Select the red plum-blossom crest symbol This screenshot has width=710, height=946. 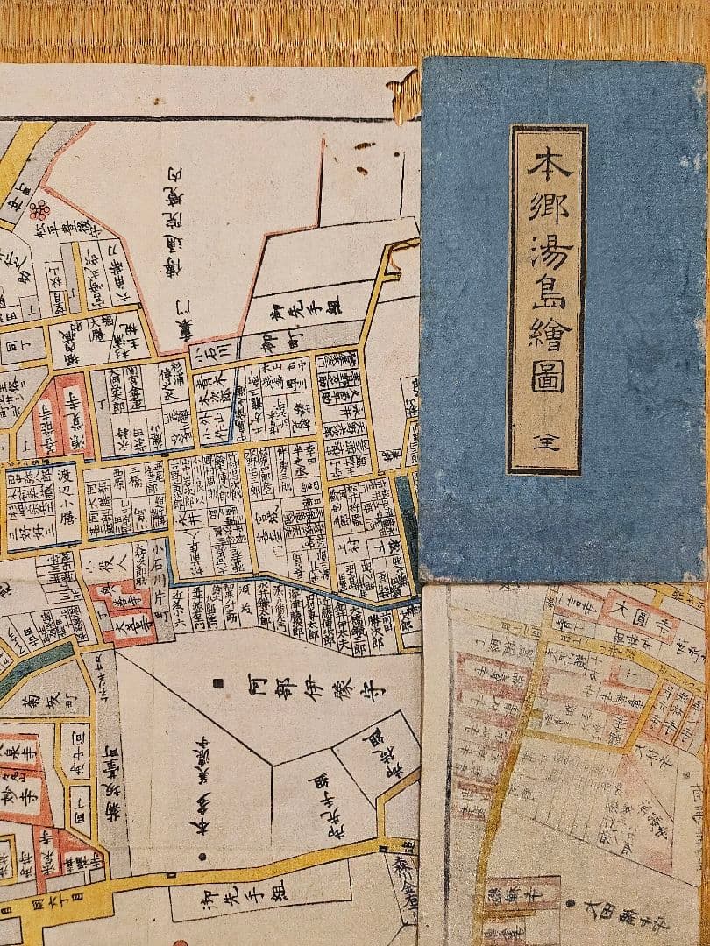coord(38,209)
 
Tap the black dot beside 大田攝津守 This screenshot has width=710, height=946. coord(570,902)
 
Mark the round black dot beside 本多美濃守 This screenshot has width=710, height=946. coord(202,857)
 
